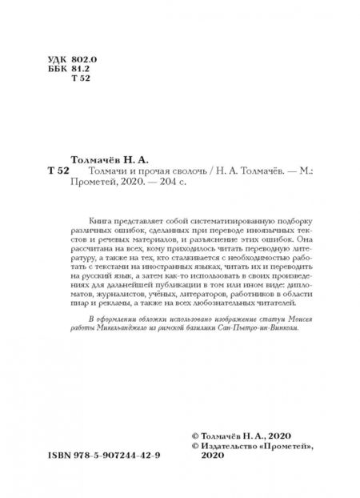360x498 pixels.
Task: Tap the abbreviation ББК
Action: (x=58, y=70)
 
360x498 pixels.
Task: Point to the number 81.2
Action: (x=81, y=70)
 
